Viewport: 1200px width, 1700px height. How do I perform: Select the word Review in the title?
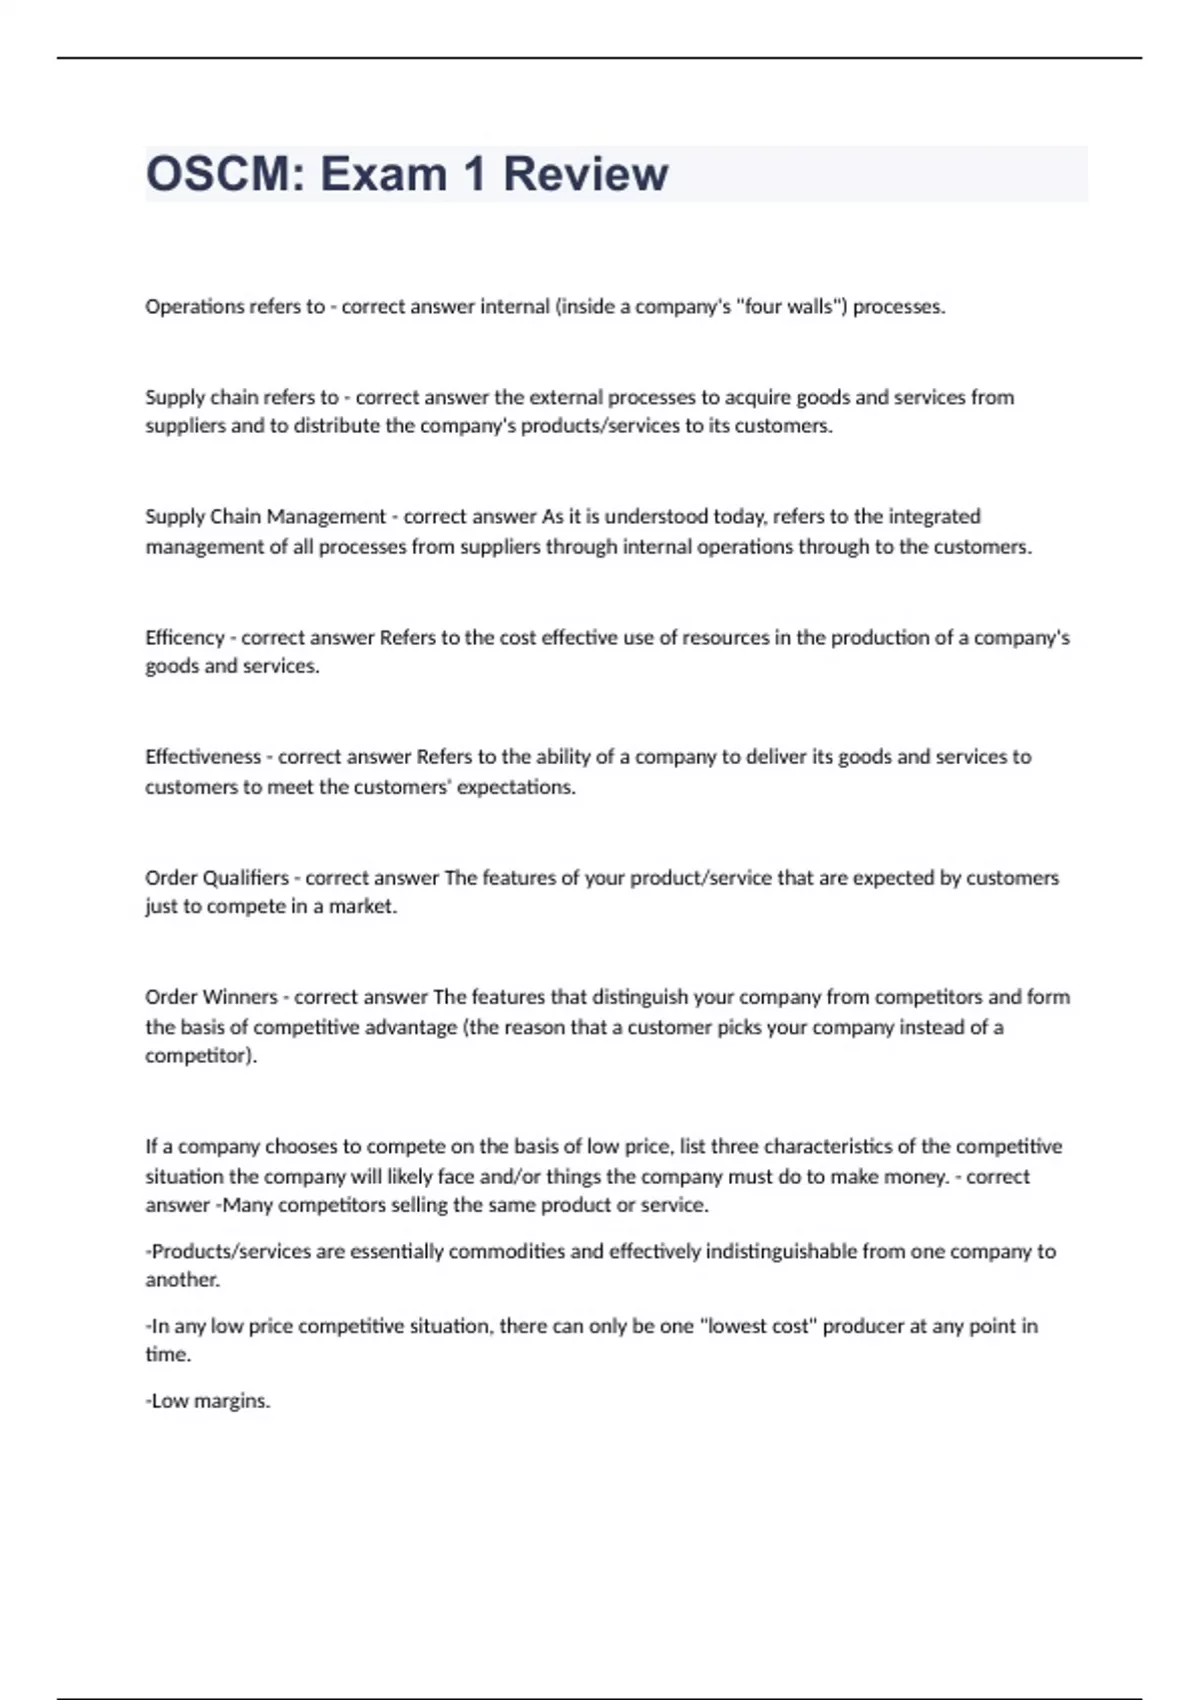[585, 174]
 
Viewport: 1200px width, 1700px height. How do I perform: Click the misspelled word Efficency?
[185, 638]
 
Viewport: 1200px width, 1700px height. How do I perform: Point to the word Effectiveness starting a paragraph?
[203, 757]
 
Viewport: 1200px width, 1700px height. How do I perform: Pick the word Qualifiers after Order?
[245, 878]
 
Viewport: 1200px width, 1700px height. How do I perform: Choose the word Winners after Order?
[240, 997]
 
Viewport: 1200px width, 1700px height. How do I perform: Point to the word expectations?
[515, 787]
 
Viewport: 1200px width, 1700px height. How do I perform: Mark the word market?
[365, 907]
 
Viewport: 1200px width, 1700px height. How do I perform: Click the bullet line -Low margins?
[208, 1401]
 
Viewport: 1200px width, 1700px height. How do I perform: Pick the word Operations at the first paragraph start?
[195, 307]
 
